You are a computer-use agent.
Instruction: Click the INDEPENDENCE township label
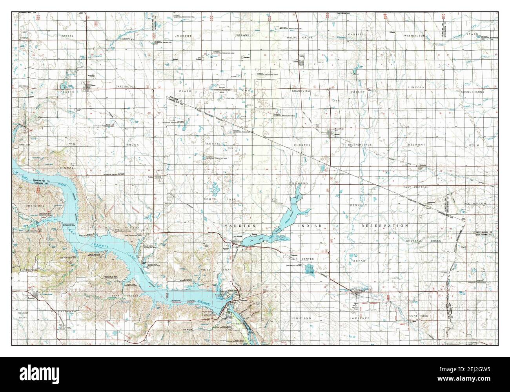[360, 145]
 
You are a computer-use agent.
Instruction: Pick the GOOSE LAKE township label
[226, 199]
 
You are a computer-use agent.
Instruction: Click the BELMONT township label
[416, 145]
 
